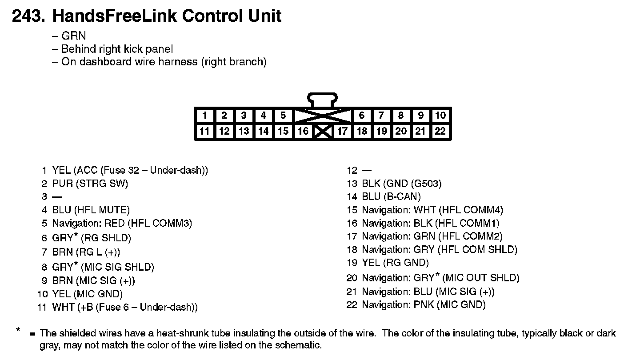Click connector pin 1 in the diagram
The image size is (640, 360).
[x=204, y=116]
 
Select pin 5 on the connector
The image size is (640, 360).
[x=283, y=116]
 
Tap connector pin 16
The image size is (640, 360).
[x=303, y=131]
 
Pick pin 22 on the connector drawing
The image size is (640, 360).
[x=440, y=131]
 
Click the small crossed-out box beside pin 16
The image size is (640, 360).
[x=323, y=132]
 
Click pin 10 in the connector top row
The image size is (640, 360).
[x=440, y=116]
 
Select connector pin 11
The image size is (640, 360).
[x=204, y=131]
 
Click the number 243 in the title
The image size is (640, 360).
[x=28, y=16]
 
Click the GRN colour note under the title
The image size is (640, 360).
[x=73, y=36]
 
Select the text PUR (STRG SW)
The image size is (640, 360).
[x=90, y=184]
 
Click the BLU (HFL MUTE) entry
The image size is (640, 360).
[x=91, y=210]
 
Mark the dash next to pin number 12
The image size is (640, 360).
[x=367, y=170]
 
